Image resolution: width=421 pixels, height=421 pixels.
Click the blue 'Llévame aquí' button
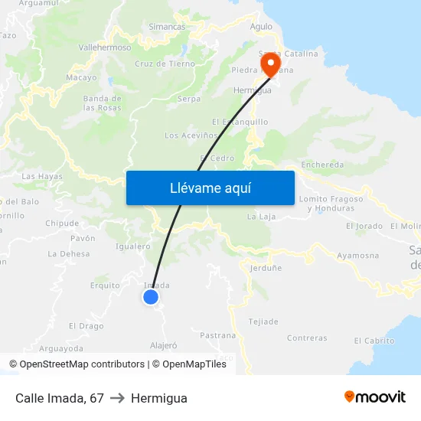pyautogui.click(x=210, y=188)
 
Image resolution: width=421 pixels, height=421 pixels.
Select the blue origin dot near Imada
pyautogui.click(x=151, y=297)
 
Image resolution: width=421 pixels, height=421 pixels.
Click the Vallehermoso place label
pyautogui.click(x=105, y=47)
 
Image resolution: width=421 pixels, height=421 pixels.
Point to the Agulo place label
pyautogui.click(x=261, y=26)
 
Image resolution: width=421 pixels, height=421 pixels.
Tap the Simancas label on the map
pyautogui.click(x=167, y=27)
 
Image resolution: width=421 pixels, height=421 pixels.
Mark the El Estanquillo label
pyautogui.click(x=240, y=121)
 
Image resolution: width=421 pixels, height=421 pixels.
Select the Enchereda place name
pyautogui.click(x=322, y=165)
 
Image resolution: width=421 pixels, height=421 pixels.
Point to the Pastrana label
pyautogui.click(x=217, y=335)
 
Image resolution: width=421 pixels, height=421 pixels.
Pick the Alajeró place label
pyautogui.click(x=164, y=345)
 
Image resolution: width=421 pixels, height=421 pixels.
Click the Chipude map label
pyautogui.click(x=62, y=224)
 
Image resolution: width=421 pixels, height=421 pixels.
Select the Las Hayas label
pyautogui.click(x=42, y=176)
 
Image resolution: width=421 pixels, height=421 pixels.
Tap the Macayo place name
pyautogui.click(x=81, y=77)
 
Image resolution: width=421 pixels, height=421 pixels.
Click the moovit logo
pyautogui.click(x=375, y=397)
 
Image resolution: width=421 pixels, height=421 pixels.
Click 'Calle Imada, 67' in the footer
pyautogui.click(x=60, y=398)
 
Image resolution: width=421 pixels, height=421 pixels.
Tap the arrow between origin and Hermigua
pyautogui.click(x=117, y=398)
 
